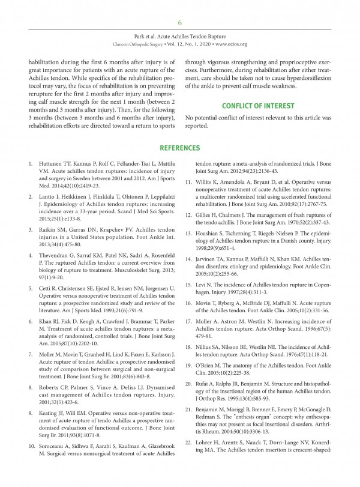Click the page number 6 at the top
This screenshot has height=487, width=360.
[x=179, y=23]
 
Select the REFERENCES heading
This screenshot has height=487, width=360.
[x=179, y=148]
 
